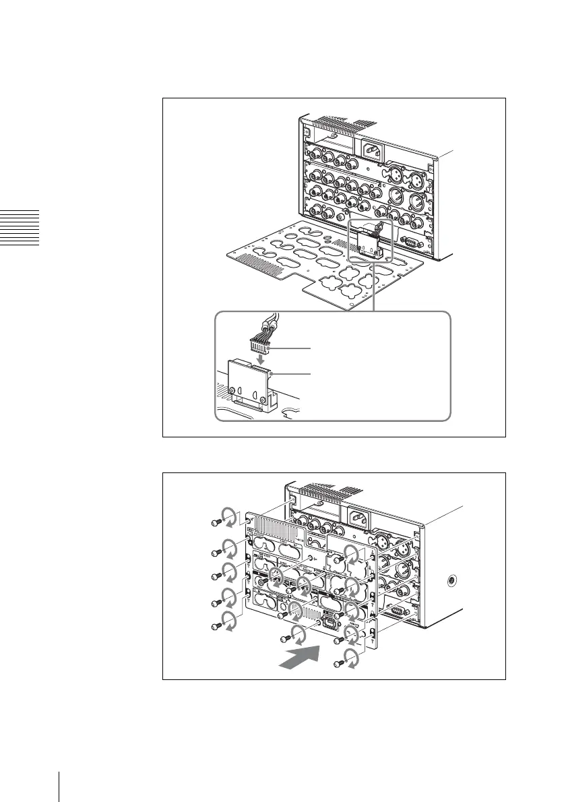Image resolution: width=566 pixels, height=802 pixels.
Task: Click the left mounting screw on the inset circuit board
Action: [x=232, y=390]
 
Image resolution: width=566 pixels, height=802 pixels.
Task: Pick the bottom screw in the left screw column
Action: [x=214, y=626]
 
